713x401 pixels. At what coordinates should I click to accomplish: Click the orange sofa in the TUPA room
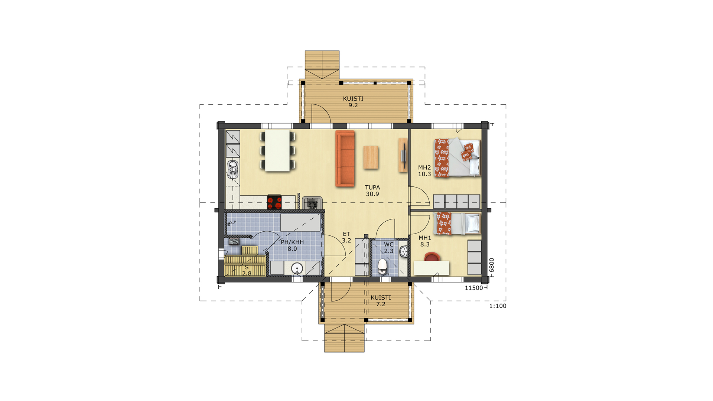345,159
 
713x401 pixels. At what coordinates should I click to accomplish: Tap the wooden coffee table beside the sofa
371,157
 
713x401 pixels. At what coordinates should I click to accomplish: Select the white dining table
277,150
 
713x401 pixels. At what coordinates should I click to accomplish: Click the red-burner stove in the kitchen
274,202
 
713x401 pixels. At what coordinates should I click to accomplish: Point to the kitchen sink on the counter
233,169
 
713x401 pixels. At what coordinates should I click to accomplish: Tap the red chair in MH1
432,257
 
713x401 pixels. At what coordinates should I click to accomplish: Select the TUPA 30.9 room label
372,191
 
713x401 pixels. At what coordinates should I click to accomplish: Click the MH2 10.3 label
424,171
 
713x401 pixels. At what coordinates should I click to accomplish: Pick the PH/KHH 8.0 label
292,245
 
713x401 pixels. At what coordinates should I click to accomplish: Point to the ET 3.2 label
346,237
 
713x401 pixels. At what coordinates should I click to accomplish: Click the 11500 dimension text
474,288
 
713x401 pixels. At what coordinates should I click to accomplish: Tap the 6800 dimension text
492,265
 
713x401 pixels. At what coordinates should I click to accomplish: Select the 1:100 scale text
498,306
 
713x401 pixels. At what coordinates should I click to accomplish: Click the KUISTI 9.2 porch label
353,102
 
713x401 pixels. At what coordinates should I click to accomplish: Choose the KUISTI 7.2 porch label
381,301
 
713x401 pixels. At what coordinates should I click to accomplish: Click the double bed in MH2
458,158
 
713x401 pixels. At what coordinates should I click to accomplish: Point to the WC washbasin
404,251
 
